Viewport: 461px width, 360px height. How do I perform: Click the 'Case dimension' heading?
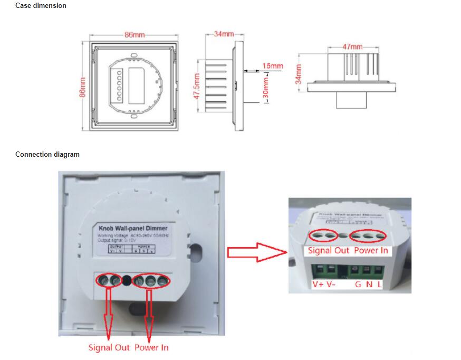point(41,6)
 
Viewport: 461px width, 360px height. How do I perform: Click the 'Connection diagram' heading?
point(47,155)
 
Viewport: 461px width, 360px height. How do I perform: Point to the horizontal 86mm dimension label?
point(135,35)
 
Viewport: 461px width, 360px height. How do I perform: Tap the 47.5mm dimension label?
point(196,87)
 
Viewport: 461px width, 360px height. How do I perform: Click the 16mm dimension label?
point(273,66)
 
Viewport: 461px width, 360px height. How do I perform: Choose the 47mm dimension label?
point(352,47)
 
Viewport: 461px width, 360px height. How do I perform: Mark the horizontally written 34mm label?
point(224,34)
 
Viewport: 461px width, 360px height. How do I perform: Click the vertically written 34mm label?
point(299,74)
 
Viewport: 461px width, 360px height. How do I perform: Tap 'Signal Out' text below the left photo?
point(108,347)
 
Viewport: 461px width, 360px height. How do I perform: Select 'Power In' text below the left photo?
point(151,347)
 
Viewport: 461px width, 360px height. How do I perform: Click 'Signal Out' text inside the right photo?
point(329,250)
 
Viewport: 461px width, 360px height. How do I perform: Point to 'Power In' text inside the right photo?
point(371,250)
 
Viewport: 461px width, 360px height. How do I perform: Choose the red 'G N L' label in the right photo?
point(368,285)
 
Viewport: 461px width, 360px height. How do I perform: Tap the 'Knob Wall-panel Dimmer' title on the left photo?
point(133,228)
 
